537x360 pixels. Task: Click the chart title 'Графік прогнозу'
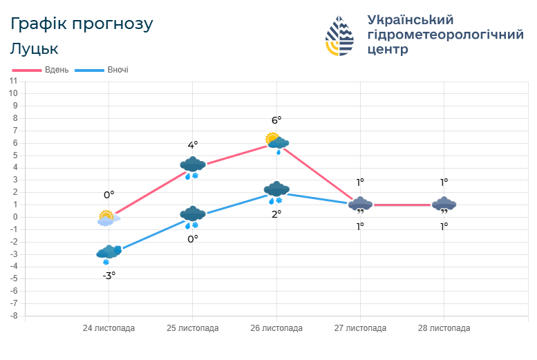click(82, 23)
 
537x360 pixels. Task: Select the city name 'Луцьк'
click(34, 49)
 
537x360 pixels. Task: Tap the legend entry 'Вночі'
click(117, 70)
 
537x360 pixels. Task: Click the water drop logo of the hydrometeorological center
click(339, 36)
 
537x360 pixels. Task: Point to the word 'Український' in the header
click(411, 19)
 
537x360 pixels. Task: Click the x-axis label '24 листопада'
click(109, 328)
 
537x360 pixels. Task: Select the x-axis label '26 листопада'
click(276, 328)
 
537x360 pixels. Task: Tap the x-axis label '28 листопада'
click(444, 328)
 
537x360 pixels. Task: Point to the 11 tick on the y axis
click(13, 81)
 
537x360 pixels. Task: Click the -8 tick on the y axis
click(13, 316)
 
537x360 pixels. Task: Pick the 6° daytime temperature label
click(276, 120)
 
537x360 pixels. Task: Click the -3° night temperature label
click(109, 275)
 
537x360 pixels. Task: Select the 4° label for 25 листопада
click(193, 145)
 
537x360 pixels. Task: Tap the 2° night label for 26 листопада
click(276, 214)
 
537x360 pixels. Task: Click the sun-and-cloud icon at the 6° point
click(276, 142)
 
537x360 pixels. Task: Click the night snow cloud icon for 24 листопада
click(109, 254)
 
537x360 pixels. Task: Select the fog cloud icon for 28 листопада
click(444, 205)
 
